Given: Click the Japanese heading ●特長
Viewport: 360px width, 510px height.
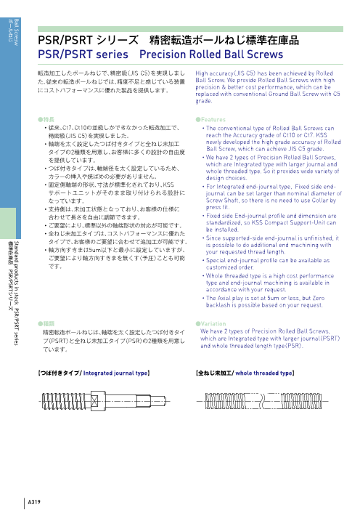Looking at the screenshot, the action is [46, 117].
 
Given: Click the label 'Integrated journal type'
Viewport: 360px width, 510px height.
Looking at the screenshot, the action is [117, 373].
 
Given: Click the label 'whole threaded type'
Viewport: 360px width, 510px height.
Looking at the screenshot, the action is [264, 373].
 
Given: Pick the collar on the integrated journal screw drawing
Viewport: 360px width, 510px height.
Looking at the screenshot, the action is [97, 398].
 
